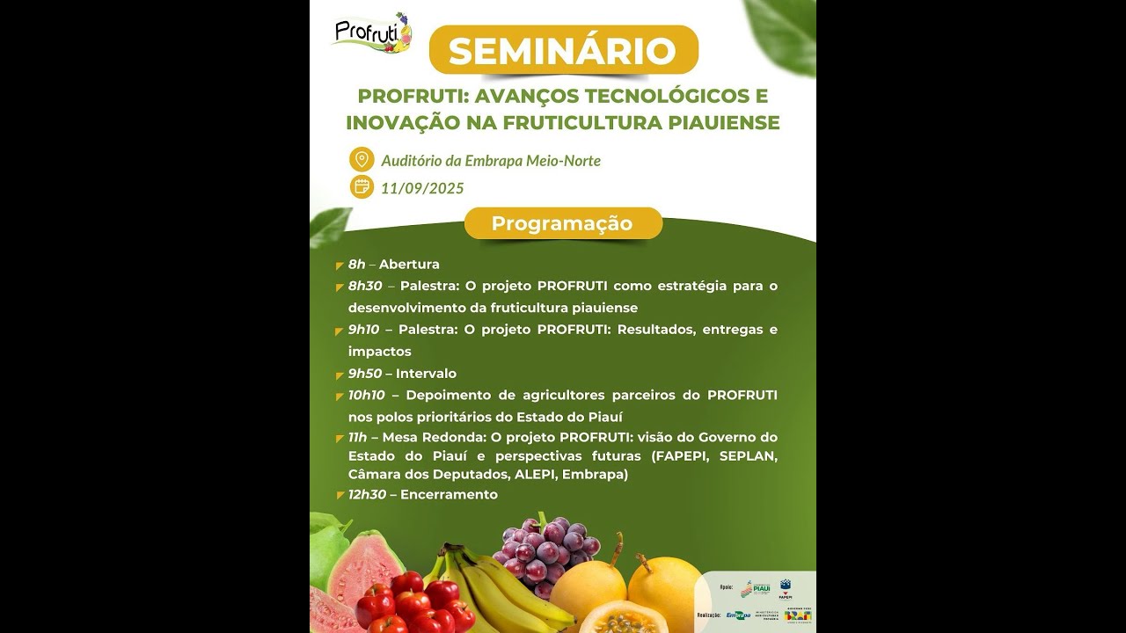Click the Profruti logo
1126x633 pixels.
[x=372, y=33]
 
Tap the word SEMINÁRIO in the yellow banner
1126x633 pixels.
[x=563, y=51]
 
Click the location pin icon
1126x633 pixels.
[x=362, y=159]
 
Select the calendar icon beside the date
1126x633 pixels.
[x=362, y=186]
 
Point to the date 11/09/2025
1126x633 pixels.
[x=422, y=188]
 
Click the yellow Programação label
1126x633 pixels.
[x=562, y=223]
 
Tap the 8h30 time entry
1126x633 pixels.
[x=365, y=286]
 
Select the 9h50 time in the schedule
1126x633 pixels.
[x=365, y=374]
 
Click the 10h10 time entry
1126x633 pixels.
[x=367, y=395]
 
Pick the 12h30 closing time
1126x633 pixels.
[x=368, y=494]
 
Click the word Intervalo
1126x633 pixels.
[x=426, y=374]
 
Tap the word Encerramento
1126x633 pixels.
[x=449, y=494]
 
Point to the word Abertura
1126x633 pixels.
[x=409, y=265]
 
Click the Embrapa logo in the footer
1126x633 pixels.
[x=737, y=615]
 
